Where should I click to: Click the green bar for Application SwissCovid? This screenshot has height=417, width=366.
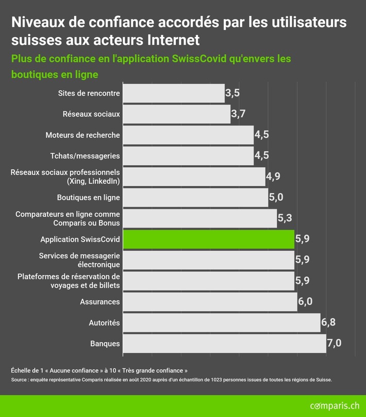(x=208, y=239)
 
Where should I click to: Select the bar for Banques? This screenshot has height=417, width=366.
(x=224, y=343)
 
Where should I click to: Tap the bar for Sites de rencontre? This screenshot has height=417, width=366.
(x=174, y=93)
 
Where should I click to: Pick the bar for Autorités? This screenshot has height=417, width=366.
(x=221, y=323)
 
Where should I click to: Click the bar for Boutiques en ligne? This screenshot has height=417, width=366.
(x=195, y=198)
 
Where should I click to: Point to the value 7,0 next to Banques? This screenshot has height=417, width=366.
(x=334, y=343)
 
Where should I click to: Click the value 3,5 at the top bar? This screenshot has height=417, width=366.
(x=232, y=93)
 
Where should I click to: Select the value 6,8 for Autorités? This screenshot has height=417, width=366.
(x=328, y=323)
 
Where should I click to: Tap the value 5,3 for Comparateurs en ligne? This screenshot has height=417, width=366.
(x=285, y=218)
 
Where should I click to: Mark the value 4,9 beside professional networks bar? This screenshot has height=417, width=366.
(x=273, y=177)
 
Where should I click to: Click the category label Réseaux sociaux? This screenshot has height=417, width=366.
(x=91, y=114)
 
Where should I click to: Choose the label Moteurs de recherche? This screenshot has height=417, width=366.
(x=82, y=135)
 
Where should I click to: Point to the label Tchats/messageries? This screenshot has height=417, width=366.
(x=85, y=156)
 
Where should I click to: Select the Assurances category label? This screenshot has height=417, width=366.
(x=100, y=302)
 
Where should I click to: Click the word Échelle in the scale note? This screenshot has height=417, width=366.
(x=22, y=371)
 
